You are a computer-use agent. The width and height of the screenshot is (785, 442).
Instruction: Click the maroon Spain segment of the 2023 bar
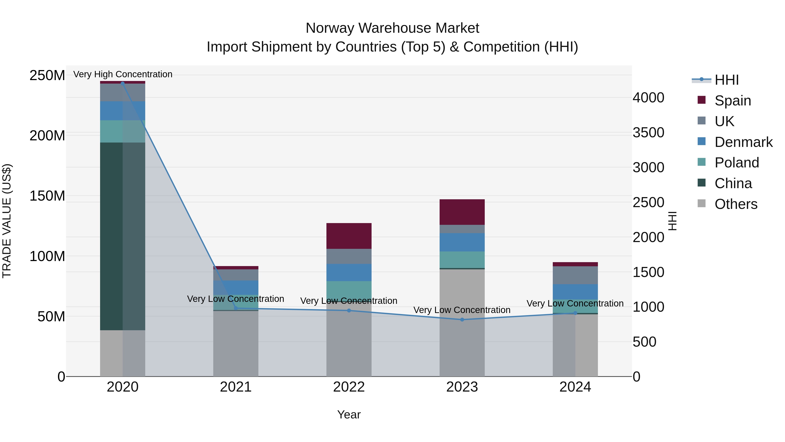pos(462,212)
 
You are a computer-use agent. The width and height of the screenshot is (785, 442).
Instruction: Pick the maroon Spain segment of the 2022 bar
pos(349,236)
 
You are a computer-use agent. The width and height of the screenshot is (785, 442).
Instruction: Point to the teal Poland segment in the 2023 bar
pos(462,260)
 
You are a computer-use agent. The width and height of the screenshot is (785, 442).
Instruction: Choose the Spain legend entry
pos(733,101)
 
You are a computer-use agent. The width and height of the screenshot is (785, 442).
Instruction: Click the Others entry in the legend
pos(736,204)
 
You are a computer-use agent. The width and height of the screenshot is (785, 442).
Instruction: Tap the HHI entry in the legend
pos(727,80)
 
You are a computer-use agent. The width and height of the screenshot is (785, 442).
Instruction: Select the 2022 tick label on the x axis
pos(349,387)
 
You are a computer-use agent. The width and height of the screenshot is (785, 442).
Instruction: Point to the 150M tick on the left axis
pos(47,196)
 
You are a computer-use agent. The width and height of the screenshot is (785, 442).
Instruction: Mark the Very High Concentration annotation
pos(123,74)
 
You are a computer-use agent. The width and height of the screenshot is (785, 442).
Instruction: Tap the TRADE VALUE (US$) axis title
pos(7,221)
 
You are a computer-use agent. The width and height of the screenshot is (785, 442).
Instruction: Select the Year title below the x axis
pos(349,414)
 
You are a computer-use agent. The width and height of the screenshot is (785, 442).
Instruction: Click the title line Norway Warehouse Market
pos(392,28)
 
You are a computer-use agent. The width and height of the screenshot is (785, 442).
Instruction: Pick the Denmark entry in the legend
pos(743,142)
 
